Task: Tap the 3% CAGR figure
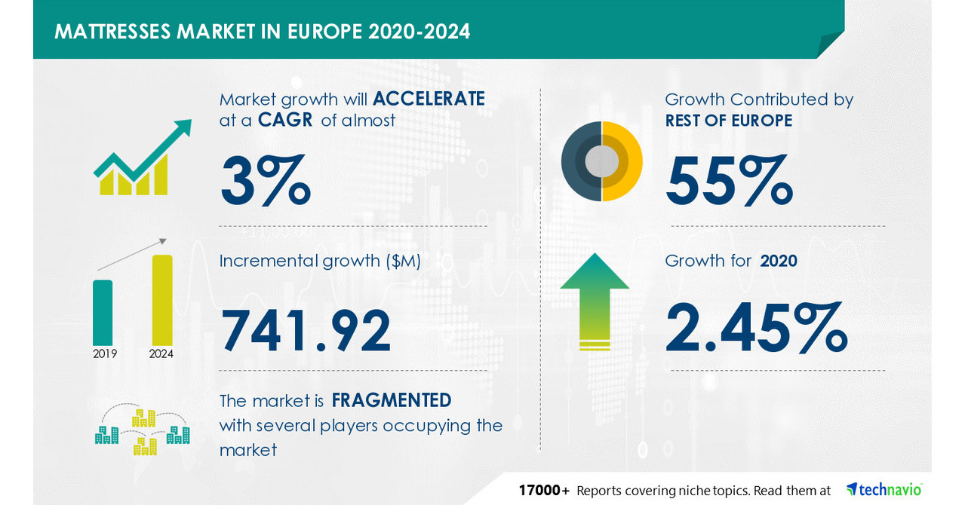(265, 181)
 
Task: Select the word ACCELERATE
(429, 99)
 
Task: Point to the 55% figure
(729, 181)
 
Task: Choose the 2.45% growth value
(757, 327)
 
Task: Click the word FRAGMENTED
(392, 399)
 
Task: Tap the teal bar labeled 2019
(103, 312)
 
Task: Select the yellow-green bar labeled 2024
(162, 299)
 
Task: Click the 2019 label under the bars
(105, 353)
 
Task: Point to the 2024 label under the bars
(161, 353)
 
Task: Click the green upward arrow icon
(595, 301)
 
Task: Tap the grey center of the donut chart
(601, 161)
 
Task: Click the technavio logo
(884, 489)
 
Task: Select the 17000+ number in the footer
(543, 491)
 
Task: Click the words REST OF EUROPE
(728, 120)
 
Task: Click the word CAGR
(284, 120)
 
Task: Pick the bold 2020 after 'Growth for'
(779, 261)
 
